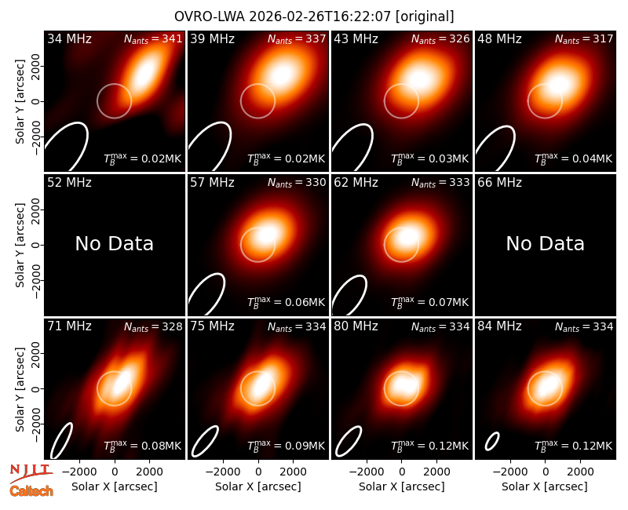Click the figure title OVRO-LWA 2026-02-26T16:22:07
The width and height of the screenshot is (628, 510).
[283, 16]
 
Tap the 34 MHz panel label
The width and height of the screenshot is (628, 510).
[69, 38]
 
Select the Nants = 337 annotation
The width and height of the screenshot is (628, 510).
[297, 39]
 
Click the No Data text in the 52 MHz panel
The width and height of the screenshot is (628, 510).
[114, 243]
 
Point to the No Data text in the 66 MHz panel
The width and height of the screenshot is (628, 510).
[545, 243]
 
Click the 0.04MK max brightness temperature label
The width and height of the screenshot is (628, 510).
[574, 159]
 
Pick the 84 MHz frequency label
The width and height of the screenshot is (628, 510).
[499, 326]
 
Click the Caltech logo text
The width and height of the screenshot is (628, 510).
[31, 491]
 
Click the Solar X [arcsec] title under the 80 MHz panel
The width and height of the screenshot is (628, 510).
[401, 486]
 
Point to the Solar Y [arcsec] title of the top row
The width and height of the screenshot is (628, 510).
[20, 102]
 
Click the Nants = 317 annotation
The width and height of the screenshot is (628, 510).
[584, 39]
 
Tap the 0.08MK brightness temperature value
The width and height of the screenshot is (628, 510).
[143, 446]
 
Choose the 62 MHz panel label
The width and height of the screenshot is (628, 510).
[356, 183]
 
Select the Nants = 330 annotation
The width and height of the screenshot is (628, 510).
[297, 183]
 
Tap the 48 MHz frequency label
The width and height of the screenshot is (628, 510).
[499, 38]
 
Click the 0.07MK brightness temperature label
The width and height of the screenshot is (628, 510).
[429, 303]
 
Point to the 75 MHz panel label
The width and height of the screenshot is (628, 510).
[212, 326]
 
